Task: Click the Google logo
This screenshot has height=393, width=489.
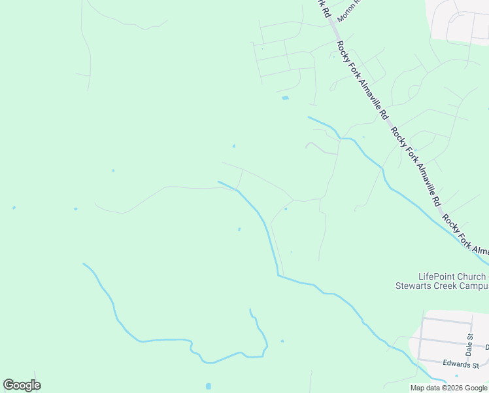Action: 22,385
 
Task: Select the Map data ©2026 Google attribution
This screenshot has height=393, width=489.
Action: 449,388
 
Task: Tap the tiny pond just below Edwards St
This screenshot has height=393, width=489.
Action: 456,376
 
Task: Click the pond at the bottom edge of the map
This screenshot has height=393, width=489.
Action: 209,386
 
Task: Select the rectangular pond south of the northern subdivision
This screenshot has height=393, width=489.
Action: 284,98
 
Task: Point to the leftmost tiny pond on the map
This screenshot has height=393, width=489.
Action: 14,208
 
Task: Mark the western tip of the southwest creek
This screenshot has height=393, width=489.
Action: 84,264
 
